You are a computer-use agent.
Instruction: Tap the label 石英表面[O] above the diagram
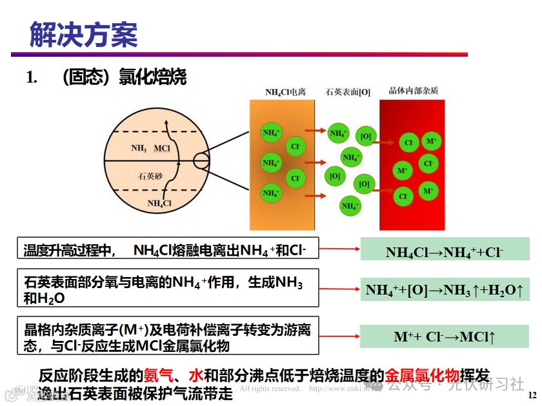348,92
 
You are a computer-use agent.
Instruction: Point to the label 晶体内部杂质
413,92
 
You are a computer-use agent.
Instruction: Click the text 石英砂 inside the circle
150,175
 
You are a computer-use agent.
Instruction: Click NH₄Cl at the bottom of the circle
159,204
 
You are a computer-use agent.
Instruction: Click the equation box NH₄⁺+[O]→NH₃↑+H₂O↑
444,290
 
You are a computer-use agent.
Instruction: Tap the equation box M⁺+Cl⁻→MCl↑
444,336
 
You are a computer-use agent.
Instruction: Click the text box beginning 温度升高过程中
168,249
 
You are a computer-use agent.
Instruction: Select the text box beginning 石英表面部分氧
168,288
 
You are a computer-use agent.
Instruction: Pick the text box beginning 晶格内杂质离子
168,338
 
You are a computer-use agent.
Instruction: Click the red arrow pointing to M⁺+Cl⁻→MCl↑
338,337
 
